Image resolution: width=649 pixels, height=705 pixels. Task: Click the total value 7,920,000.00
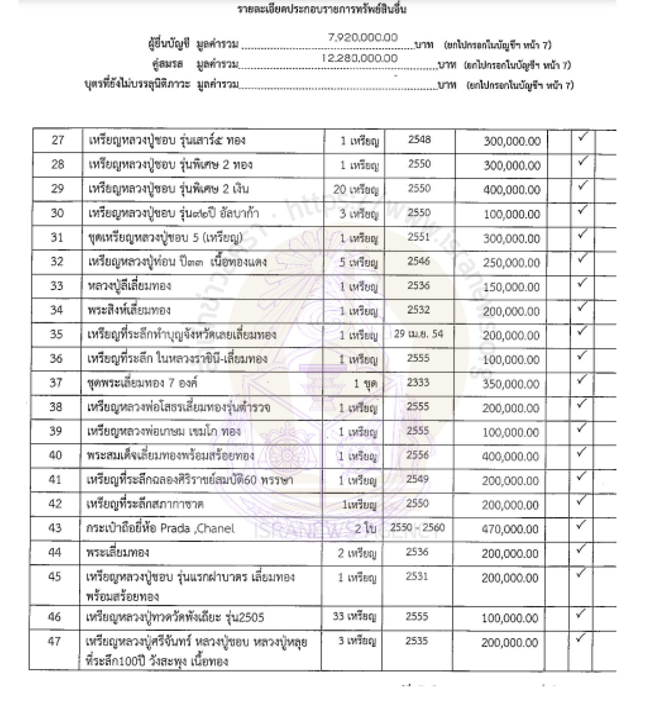point(363,38)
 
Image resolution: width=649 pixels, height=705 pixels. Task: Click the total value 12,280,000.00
point(359,58)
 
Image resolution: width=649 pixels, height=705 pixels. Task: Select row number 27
point(58,140)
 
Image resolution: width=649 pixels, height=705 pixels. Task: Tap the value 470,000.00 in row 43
point(510,529)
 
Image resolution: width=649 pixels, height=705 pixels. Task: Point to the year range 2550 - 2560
point(417,528)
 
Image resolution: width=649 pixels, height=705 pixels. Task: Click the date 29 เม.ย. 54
point(418,334)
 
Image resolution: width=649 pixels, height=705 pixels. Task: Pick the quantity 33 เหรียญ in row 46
point(354,617)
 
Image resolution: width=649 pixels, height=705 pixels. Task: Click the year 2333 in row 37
point(418,382)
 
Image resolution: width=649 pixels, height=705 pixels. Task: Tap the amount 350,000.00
point(511,384)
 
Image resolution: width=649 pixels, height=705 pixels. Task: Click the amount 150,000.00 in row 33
point(511,287)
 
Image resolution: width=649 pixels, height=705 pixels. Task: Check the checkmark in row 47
point(581,638)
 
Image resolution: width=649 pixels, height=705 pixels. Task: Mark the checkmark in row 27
point(582,137)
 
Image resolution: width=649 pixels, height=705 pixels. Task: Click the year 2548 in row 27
point(419,139)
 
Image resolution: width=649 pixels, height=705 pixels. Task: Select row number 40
point(55,455)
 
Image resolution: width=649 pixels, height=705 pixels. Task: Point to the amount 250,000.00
point(511,263)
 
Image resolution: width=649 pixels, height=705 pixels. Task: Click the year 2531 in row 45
point(417,577)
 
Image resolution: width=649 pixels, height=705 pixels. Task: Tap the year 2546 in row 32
point(418,261)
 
